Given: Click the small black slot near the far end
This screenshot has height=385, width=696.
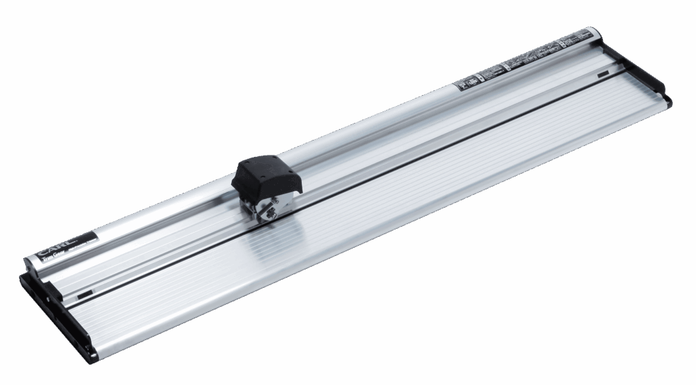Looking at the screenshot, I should (x=603, y=74).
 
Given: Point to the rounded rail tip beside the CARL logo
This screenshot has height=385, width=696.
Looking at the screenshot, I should (x=30, y=264).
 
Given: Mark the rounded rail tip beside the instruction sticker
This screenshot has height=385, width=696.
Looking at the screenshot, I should (x=595, y=34).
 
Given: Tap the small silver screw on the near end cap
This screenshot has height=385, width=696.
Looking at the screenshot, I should (x=49, y=297).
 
